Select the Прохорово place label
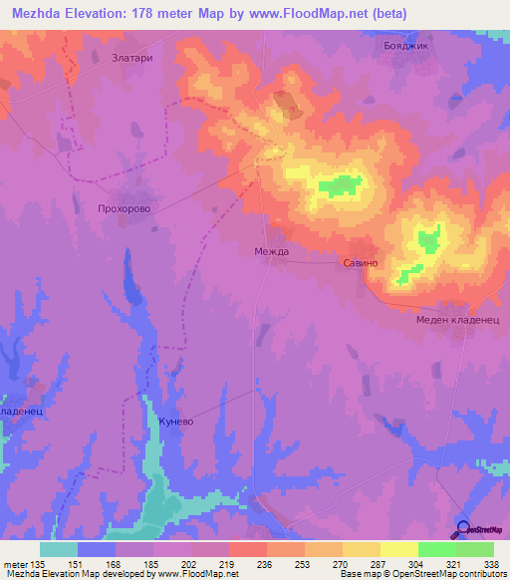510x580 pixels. pyautogui.click(x=124, y=210)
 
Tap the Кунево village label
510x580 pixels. pyautogui.click(x=176, y=423)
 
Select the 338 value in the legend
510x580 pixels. pyautogui.click(x=492, y=565)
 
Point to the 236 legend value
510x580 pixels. pyautogui.click(x=266, y=565)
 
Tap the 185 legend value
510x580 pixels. pyautogui.click(x=152, y=565)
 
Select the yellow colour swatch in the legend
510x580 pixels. pyautogui.click(x=398, y=549)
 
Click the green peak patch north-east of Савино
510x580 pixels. pyautogui.click(x=428, y=239)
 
